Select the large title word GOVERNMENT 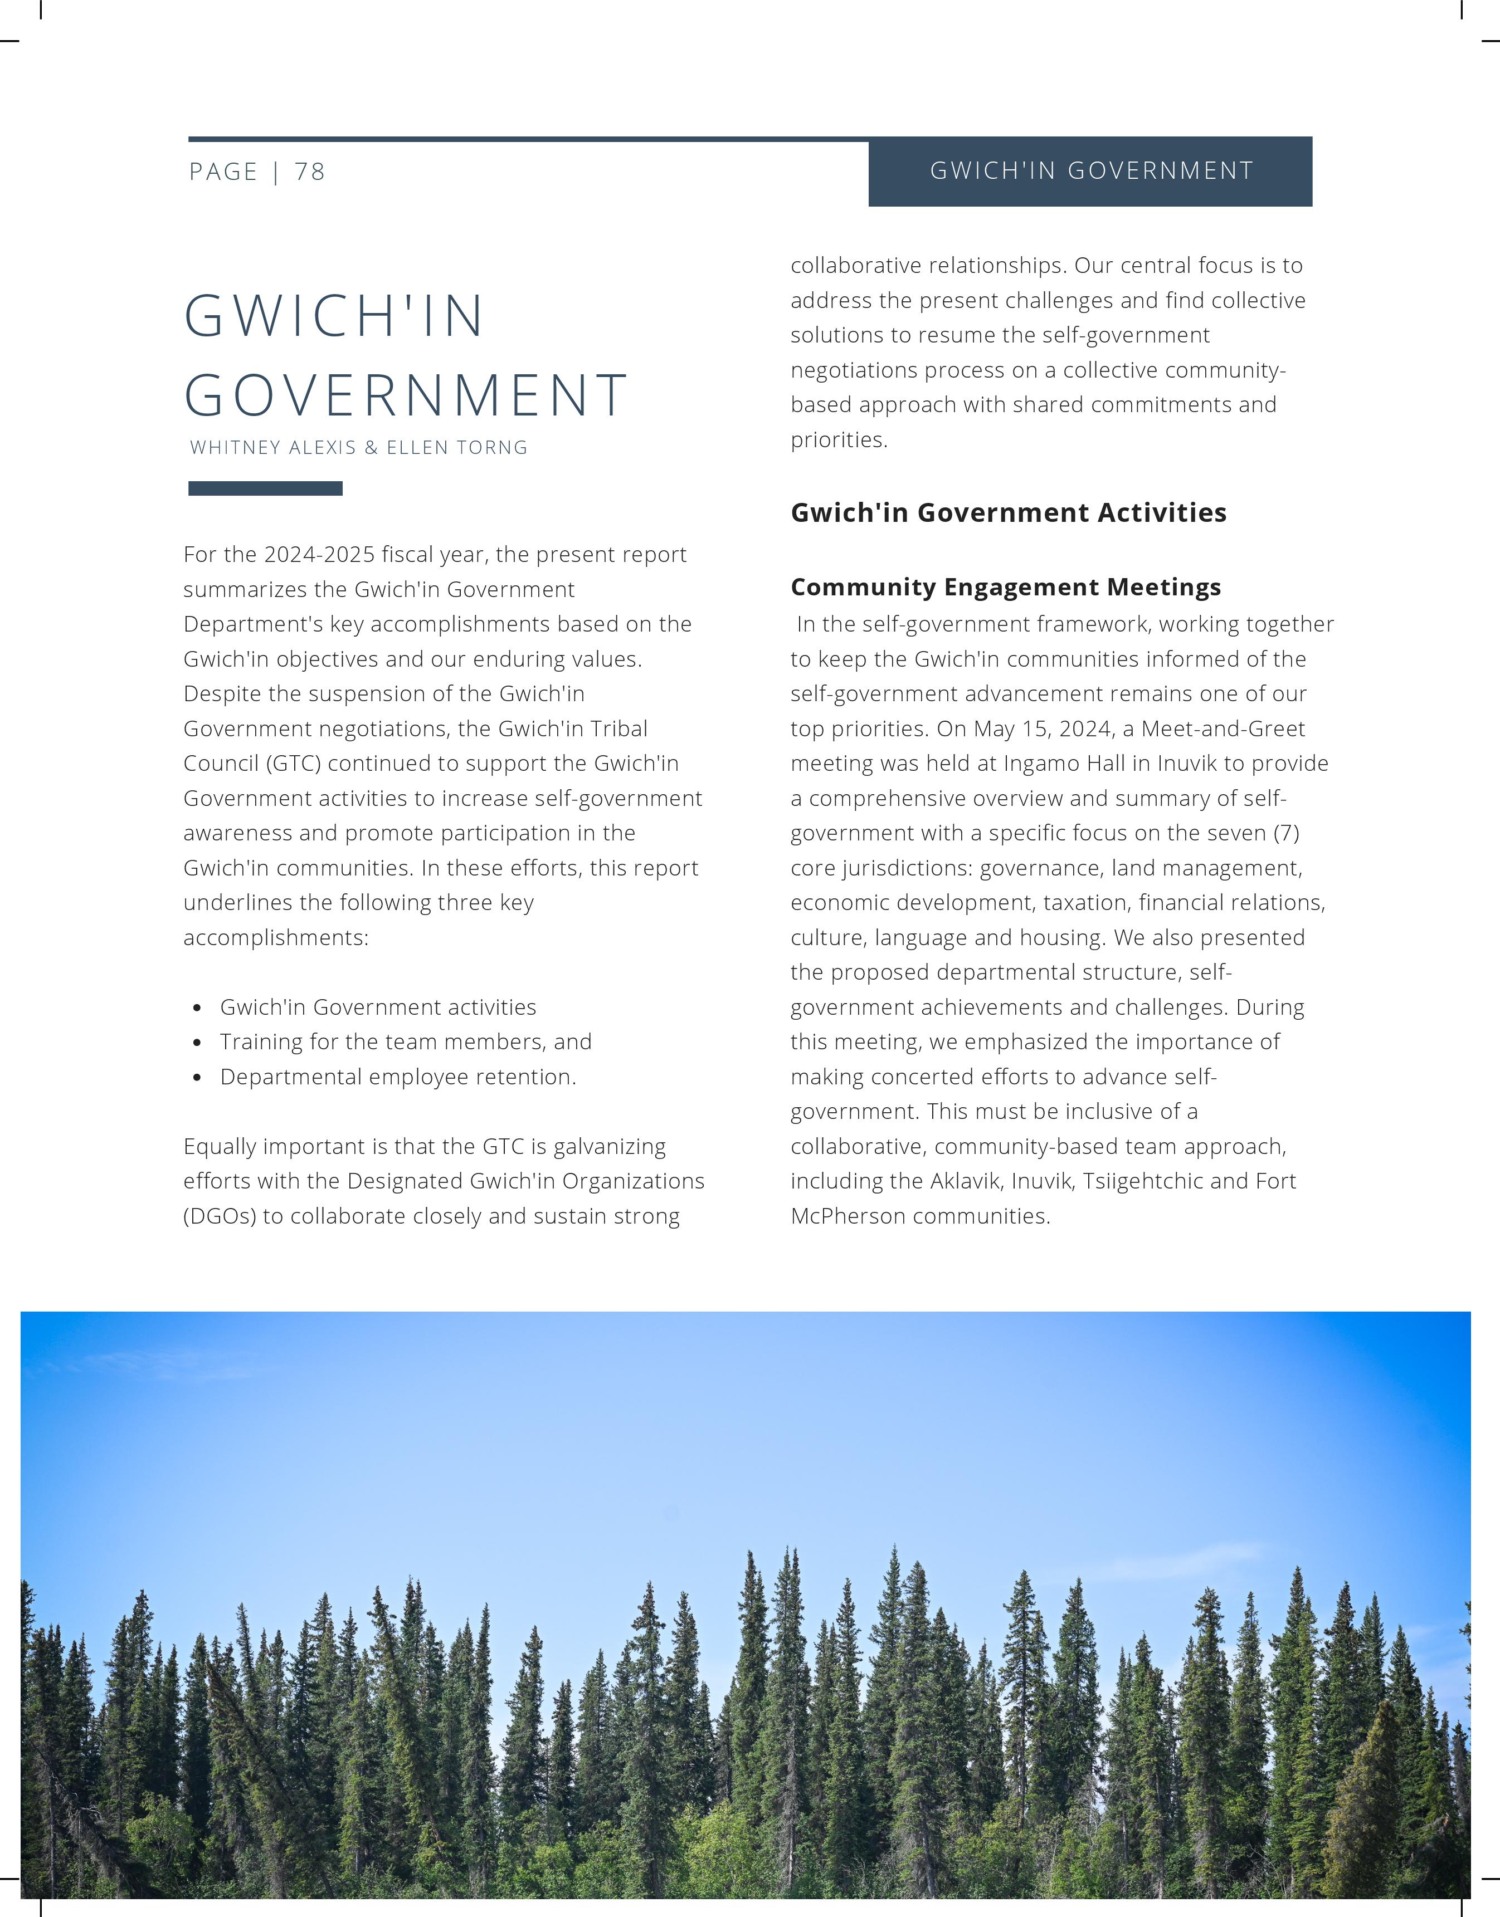[x=406, y=395]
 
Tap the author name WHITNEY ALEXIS [x=273, y=448]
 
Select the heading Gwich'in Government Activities [x=1008, y=512]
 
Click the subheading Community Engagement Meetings [x=1006, y=586]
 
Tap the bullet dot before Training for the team [x=198, y=1043]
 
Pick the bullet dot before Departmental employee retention [x=198, y=1078]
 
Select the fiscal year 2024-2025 [x=319, y=555]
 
